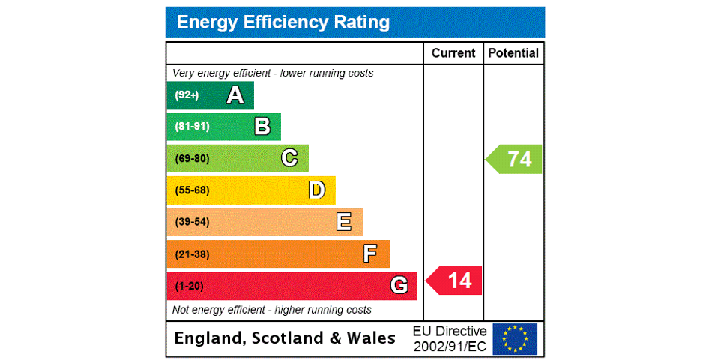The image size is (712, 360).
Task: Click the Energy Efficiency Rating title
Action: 283,22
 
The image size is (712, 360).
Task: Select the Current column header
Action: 453,53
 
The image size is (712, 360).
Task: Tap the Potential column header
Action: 513,53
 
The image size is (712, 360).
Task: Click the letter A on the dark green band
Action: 235,95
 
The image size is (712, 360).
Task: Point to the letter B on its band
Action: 262,127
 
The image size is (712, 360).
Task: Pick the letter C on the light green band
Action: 289,158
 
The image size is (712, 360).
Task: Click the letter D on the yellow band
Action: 317,190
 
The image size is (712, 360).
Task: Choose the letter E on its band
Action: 344,222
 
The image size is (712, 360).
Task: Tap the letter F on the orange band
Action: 370,253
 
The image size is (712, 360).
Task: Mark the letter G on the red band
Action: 399,286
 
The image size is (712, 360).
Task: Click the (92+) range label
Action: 187,95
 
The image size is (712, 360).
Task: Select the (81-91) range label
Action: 192,127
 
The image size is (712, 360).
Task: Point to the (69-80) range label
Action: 192,158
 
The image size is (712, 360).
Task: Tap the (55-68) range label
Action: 192,190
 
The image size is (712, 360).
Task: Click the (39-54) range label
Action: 192,222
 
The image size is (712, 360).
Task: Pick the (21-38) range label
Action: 192,254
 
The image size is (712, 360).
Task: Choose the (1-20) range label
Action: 189,286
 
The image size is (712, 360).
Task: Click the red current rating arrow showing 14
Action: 455,280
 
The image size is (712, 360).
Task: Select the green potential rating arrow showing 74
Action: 515,159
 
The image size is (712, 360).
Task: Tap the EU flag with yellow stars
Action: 515,338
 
